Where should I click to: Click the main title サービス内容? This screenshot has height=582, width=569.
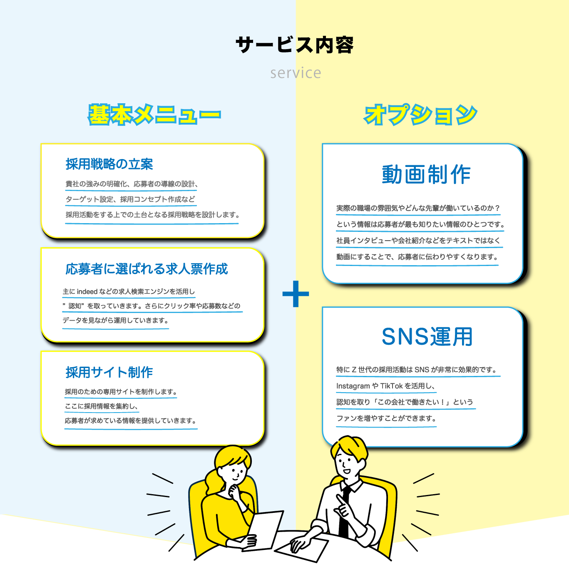(295, 45)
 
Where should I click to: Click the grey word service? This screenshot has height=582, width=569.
(296, 73)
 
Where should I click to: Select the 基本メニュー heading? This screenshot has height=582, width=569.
(154, 115)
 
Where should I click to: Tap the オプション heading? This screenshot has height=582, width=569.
(420, 115)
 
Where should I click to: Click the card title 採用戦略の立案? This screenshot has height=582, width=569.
(109, 164)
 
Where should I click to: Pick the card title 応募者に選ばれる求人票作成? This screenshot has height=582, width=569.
(147, 269)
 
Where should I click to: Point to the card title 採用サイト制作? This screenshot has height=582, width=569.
(109, 372)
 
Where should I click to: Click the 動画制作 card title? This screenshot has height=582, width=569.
(426, 174)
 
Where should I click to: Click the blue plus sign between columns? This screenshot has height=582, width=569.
(296, 294)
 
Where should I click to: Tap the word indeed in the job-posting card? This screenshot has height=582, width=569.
(87, 291)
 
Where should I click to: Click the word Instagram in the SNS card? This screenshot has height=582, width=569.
(353, 386)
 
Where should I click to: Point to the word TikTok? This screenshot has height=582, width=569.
(391, 386)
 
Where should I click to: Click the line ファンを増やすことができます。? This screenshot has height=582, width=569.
(386, 418)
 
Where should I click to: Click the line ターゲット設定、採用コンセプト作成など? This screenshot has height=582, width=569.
(130, 199)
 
